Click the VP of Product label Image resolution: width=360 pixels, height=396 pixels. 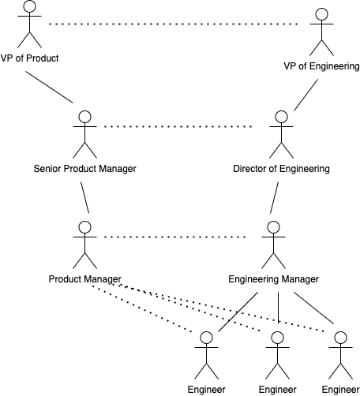29,58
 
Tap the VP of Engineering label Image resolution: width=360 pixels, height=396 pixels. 321,66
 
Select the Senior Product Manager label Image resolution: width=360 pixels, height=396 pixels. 84,169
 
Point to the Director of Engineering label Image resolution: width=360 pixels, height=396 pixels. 281,169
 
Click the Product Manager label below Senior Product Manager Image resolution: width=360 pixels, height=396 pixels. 84,279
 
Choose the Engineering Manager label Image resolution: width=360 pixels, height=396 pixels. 273,279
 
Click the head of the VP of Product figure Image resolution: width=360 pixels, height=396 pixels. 29,6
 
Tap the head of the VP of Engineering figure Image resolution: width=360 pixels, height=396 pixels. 321,14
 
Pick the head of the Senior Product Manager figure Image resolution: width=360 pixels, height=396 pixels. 84,117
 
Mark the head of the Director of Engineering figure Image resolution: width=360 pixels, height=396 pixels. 281,117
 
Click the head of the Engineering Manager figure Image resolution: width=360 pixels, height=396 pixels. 273,227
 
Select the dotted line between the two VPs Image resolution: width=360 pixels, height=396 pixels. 173,24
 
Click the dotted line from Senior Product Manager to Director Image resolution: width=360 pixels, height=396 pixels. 178,126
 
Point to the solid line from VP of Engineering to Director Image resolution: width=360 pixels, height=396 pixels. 306,95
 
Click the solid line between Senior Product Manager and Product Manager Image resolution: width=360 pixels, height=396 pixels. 84,197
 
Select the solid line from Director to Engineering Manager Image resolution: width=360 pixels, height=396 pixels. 274,197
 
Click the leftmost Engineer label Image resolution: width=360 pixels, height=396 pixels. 206,390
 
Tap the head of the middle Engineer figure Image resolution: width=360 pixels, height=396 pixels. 277,338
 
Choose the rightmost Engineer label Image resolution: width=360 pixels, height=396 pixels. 340,390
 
